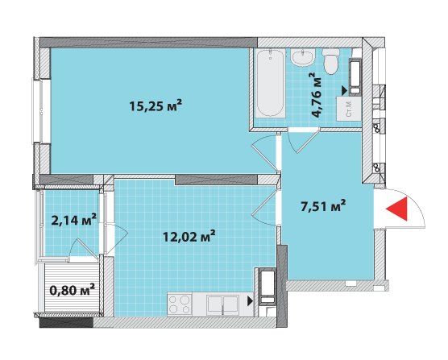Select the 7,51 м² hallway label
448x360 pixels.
point(322,206)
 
